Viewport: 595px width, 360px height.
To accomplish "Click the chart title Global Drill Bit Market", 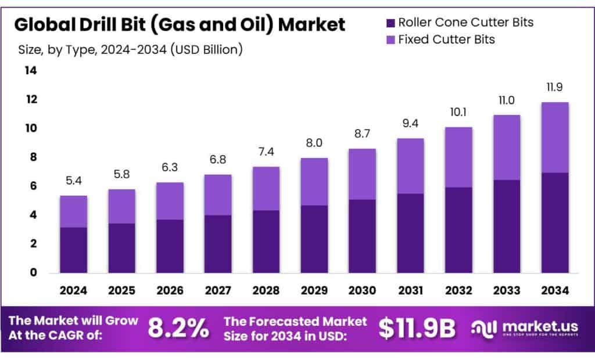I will (x=180, y=24).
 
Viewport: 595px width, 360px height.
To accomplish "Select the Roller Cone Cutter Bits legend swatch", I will (x=390, y=23).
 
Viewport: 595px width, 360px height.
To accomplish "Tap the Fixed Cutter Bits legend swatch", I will (x=390, y=39).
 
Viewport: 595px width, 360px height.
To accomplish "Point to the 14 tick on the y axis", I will (x=30, y=71).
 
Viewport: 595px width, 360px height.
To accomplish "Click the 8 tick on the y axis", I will (x=34, y=157).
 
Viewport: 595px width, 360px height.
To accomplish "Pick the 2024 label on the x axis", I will (x=73, y=290).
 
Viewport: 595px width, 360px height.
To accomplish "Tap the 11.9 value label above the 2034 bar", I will (x=554, y=88).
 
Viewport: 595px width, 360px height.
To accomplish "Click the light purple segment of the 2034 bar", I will (x=554, y=138).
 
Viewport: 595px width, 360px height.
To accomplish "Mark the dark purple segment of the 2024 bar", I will (x=73, y=250).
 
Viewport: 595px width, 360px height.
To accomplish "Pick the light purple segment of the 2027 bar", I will (x=218, y=195).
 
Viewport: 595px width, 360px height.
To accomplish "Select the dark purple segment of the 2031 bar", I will (x=411, y=233).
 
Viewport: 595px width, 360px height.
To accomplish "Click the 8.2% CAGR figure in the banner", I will (x=178, y=328).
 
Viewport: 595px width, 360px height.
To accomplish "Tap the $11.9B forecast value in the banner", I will (x=417, y=328).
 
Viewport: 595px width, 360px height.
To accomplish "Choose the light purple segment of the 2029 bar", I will (x=314, y=182).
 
